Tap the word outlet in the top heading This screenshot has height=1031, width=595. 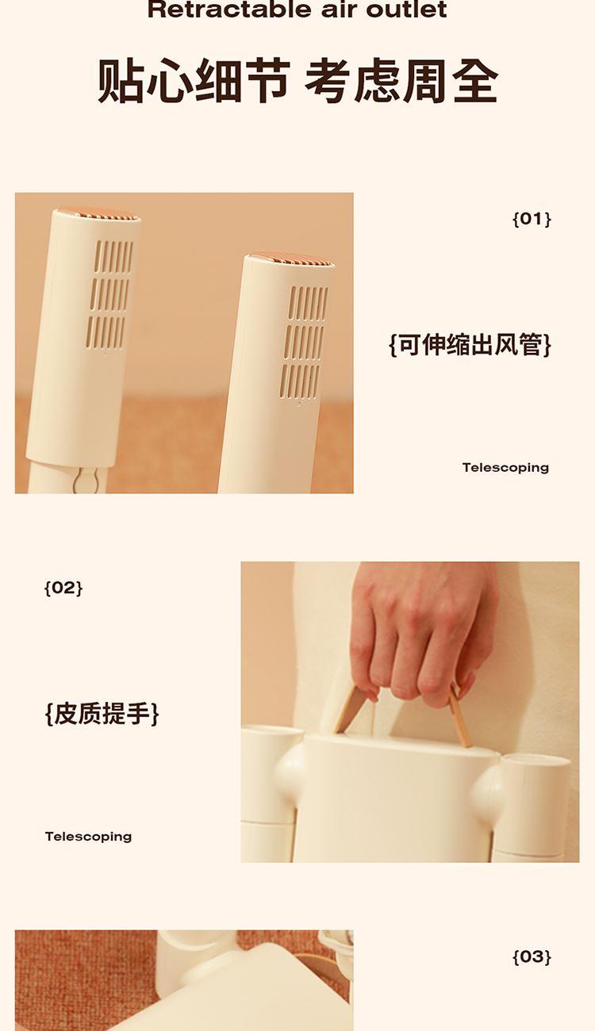406,10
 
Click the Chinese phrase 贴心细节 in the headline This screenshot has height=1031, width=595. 194,81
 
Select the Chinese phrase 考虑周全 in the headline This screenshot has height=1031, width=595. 401,81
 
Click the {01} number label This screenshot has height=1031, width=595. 532,219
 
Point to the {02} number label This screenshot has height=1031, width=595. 63,588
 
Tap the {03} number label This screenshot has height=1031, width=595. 532,957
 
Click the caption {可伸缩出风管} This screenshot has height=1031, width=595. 470,344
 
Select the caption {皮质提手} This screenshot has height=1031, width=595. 102,714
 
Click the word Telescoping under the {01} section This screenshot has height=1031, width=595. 505,468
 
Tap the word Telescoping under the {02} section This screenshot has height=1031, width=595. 88,837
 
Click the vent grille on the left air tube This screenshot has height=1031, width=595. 109,293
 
